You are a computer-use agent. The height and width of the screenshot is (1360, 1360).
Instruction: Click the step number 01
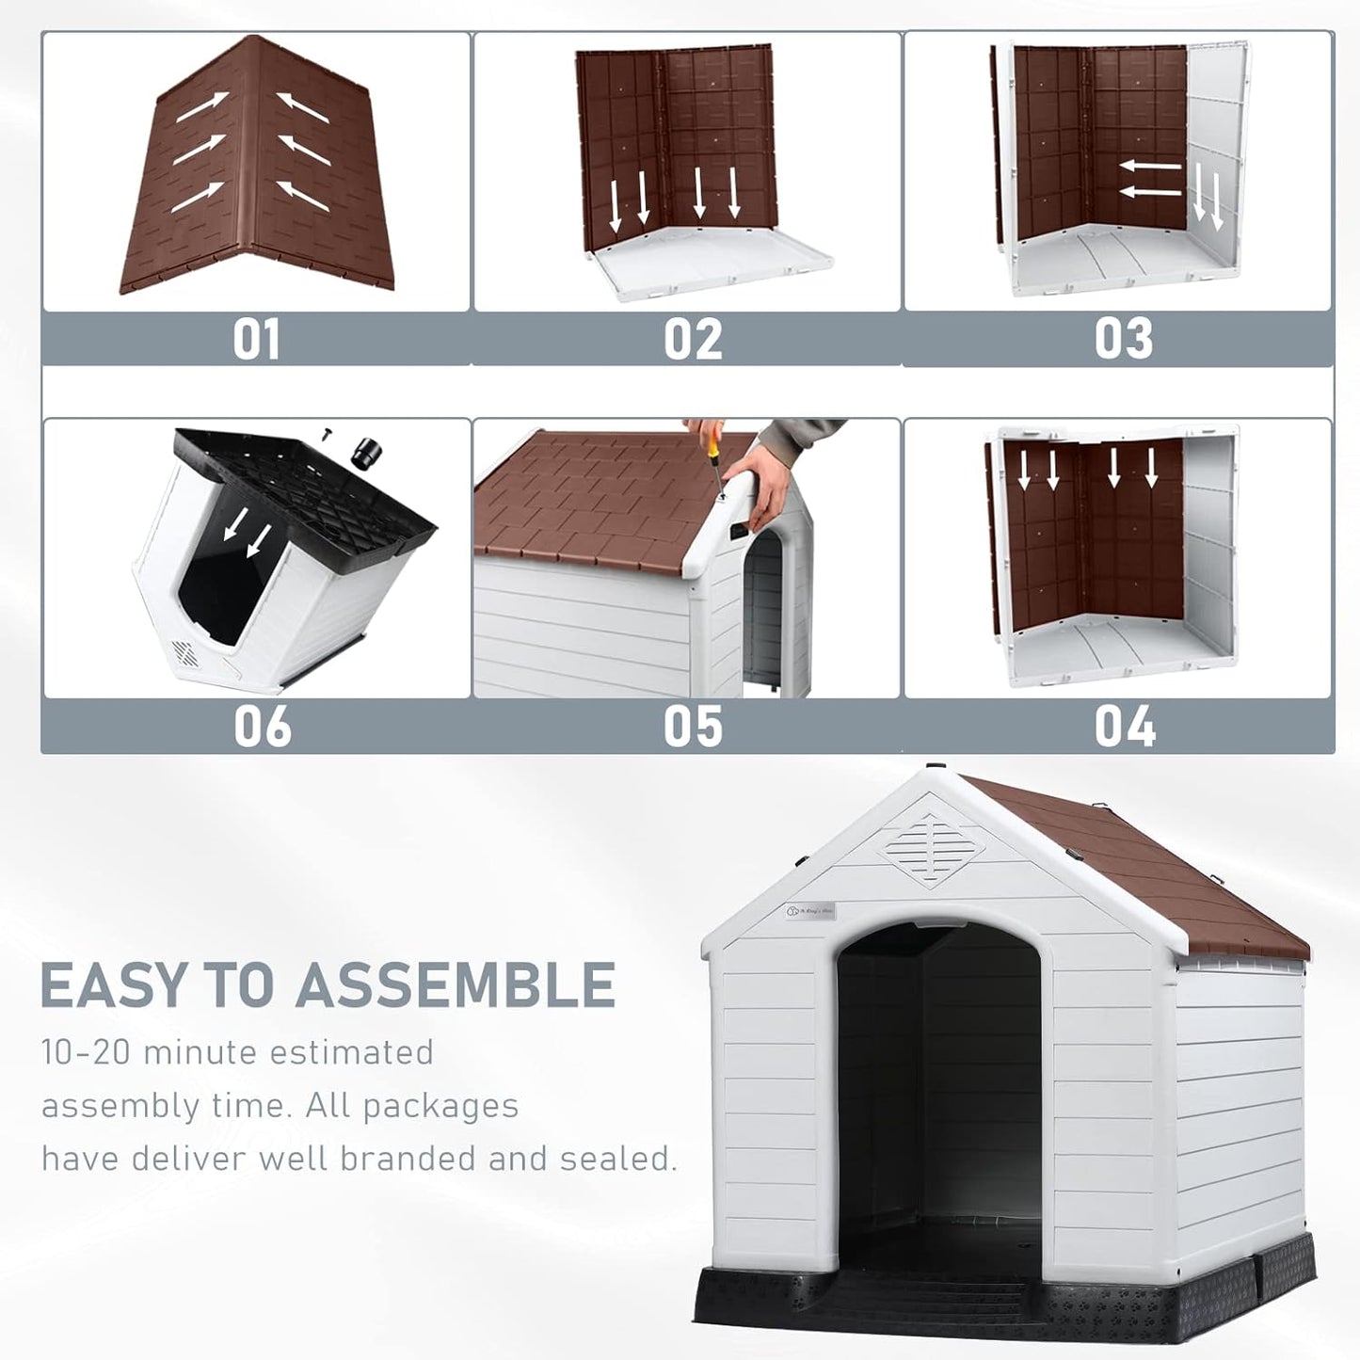256,340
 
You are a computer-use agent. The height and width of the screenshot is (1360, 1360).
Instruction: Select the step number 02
693,340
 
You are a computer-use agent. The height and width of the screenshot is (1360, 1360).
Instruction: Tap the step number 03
1124,340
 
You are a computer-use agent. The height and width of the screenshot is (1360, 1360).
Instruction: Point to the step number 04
1124,728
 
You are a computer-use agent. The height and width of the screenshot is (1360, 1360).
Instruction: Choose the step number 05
693,728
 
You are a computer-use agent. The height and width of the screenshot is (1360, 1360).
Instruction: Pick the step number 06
262,728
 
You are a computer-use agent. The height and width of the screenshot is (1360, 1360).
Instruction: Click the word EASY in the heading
113,985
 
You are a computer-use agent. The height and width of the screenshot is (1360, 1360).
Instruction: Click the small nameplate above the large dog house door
810,911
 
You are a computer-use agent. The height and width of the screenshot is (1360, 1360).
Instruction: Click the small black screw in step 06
328,433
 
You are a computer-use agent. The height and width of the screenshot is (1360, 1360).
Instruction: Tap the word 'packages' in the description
440,1107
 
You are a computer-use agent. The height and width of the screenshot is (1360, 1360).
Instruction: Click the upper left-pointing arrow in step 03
1149,166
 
